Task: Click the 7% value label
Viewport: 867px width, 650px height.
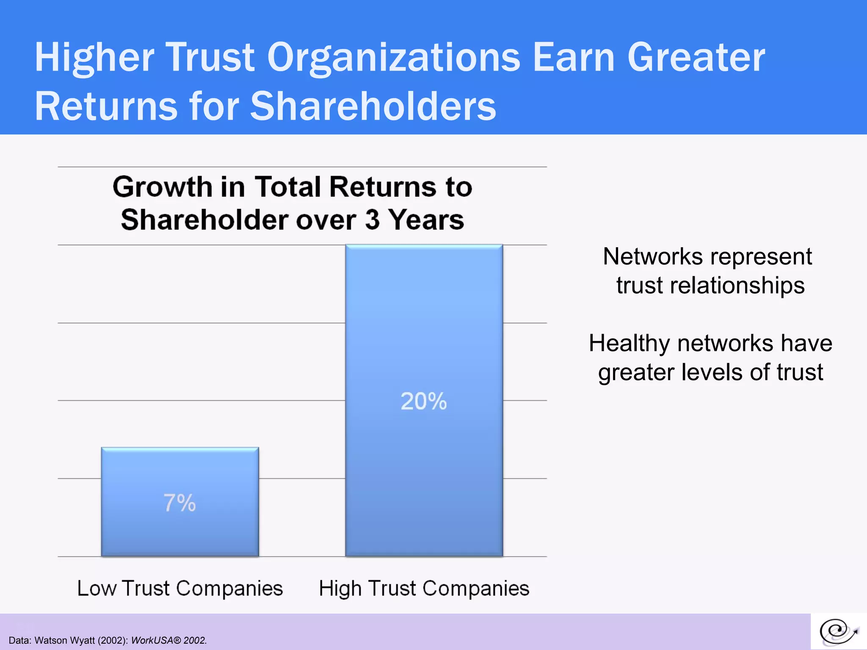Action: tap(179, 503)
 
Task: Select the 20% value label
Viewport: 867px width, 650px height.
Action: tap(423, 401)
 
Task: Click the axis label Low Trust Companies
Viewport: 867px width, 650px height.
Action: tap(179, 588)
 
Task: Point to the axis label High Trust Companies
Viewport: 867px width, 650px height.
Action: tap(424, 588)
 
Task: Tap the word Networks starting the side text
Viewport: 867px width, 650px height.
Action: tap(652, 256)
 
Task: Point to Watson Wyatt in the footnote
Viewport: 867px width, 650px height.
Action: tap(65, 640)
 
